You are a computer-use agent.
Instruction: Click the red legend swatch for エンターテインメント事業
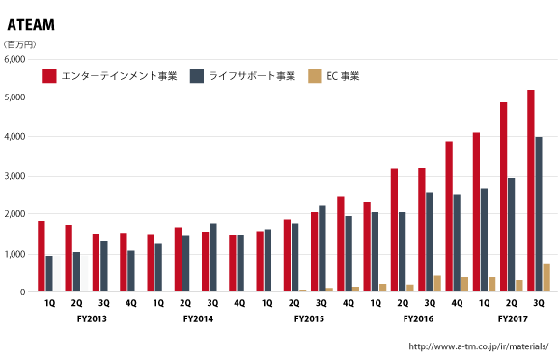48,75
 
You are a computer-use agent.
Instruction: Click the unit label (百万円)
20,44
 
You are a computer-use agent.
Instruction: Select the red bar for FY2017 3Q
531,190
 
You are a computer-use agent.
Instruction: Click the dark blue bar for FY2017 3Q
539,213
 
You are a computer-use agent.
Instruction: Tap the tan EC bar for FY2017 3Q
546,278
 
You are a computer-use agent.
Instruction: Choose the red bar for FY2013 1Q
42,256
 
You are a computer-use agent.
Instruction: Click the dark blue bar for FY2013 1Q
49,273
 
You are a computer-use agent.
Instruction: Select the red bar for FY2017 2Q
503,197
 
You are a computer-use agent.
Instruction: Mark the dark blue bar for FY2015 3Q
322,248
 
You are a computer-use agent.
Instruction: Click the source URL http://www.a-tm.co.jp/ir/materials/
479,346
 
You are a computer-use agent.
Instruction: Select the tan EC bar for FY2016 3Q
437,283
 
